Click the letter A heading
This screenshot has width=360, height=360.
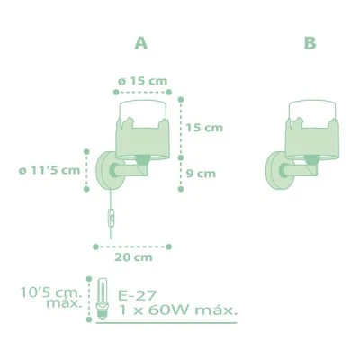pyautogui.click(x=141, y=43)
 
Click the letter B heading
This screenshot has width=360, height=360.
pyautogui.click(x=310, y=43)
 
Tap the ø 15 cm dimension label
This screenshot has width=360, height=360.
pyautogui.click(x=142, y=81)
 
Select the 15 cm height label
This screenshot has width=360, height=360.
pyautogui.click(x=204, y=128)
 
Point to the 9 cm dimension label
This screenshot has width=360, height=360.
pyautogui.click(x=201, y=174)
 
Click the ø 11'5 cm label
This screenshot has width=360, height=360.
pyautogui.click(x=49, y=170)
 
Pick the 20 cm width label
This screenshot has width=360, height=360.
pyautogui.click(x=133, y=257)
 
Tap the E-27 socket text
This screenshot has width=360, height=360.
pyautogui.click(x=138, y=295)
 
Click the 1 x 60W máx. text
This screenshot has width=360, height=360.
pyautogui.click(x=178, y=310)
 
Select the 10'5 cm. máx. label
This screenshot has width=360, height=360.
pyautogui.click(x=51, y=298)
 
